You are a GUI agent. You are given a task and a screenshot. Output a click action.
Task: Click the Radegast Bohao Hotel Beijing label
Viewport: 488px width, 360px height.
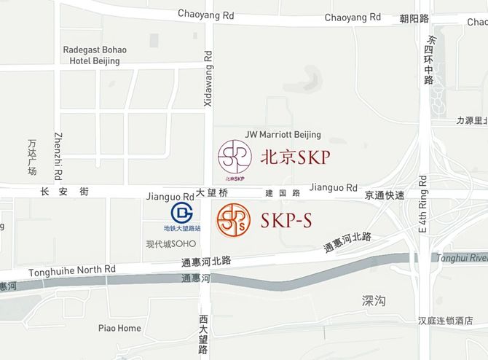click(x=94, y=55)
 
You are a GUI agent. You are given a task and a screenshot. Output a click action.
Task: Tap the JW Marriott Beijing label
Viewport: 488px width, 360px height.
click(x=283, y=135)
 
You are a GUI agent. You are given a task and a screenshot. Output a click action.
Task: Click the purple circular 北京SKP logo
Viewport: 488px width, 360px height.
click(x=235, y=158)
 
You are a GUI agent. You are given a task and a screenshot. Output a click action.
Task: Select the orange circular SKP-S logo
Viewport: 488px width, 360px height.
click(x=233, y=219)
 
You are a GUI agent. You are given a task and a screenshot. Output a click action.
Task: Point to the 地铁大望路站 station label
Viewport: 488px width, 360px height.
click(x=181, y=229)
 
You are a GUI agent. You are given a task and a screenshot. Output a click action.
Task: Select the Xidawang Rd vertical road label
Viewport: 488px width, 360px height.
click(x=208, y=79)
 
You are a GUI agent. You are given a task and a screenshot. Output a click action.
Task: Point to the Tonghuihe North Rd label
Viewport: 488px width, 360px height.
click(x=72, y=271)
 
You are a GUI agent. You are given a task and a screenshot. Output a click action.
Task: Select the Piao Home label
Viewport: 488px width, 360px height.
click(x=119, y=328)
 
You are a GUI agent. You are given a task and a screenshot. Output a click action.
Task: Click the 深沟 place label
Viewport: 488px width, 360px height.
click(x=373, y=300)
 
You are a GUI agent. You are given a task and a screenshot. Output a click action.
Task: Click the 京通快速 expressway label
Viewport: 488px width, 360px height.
click(x=385, y=196)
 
